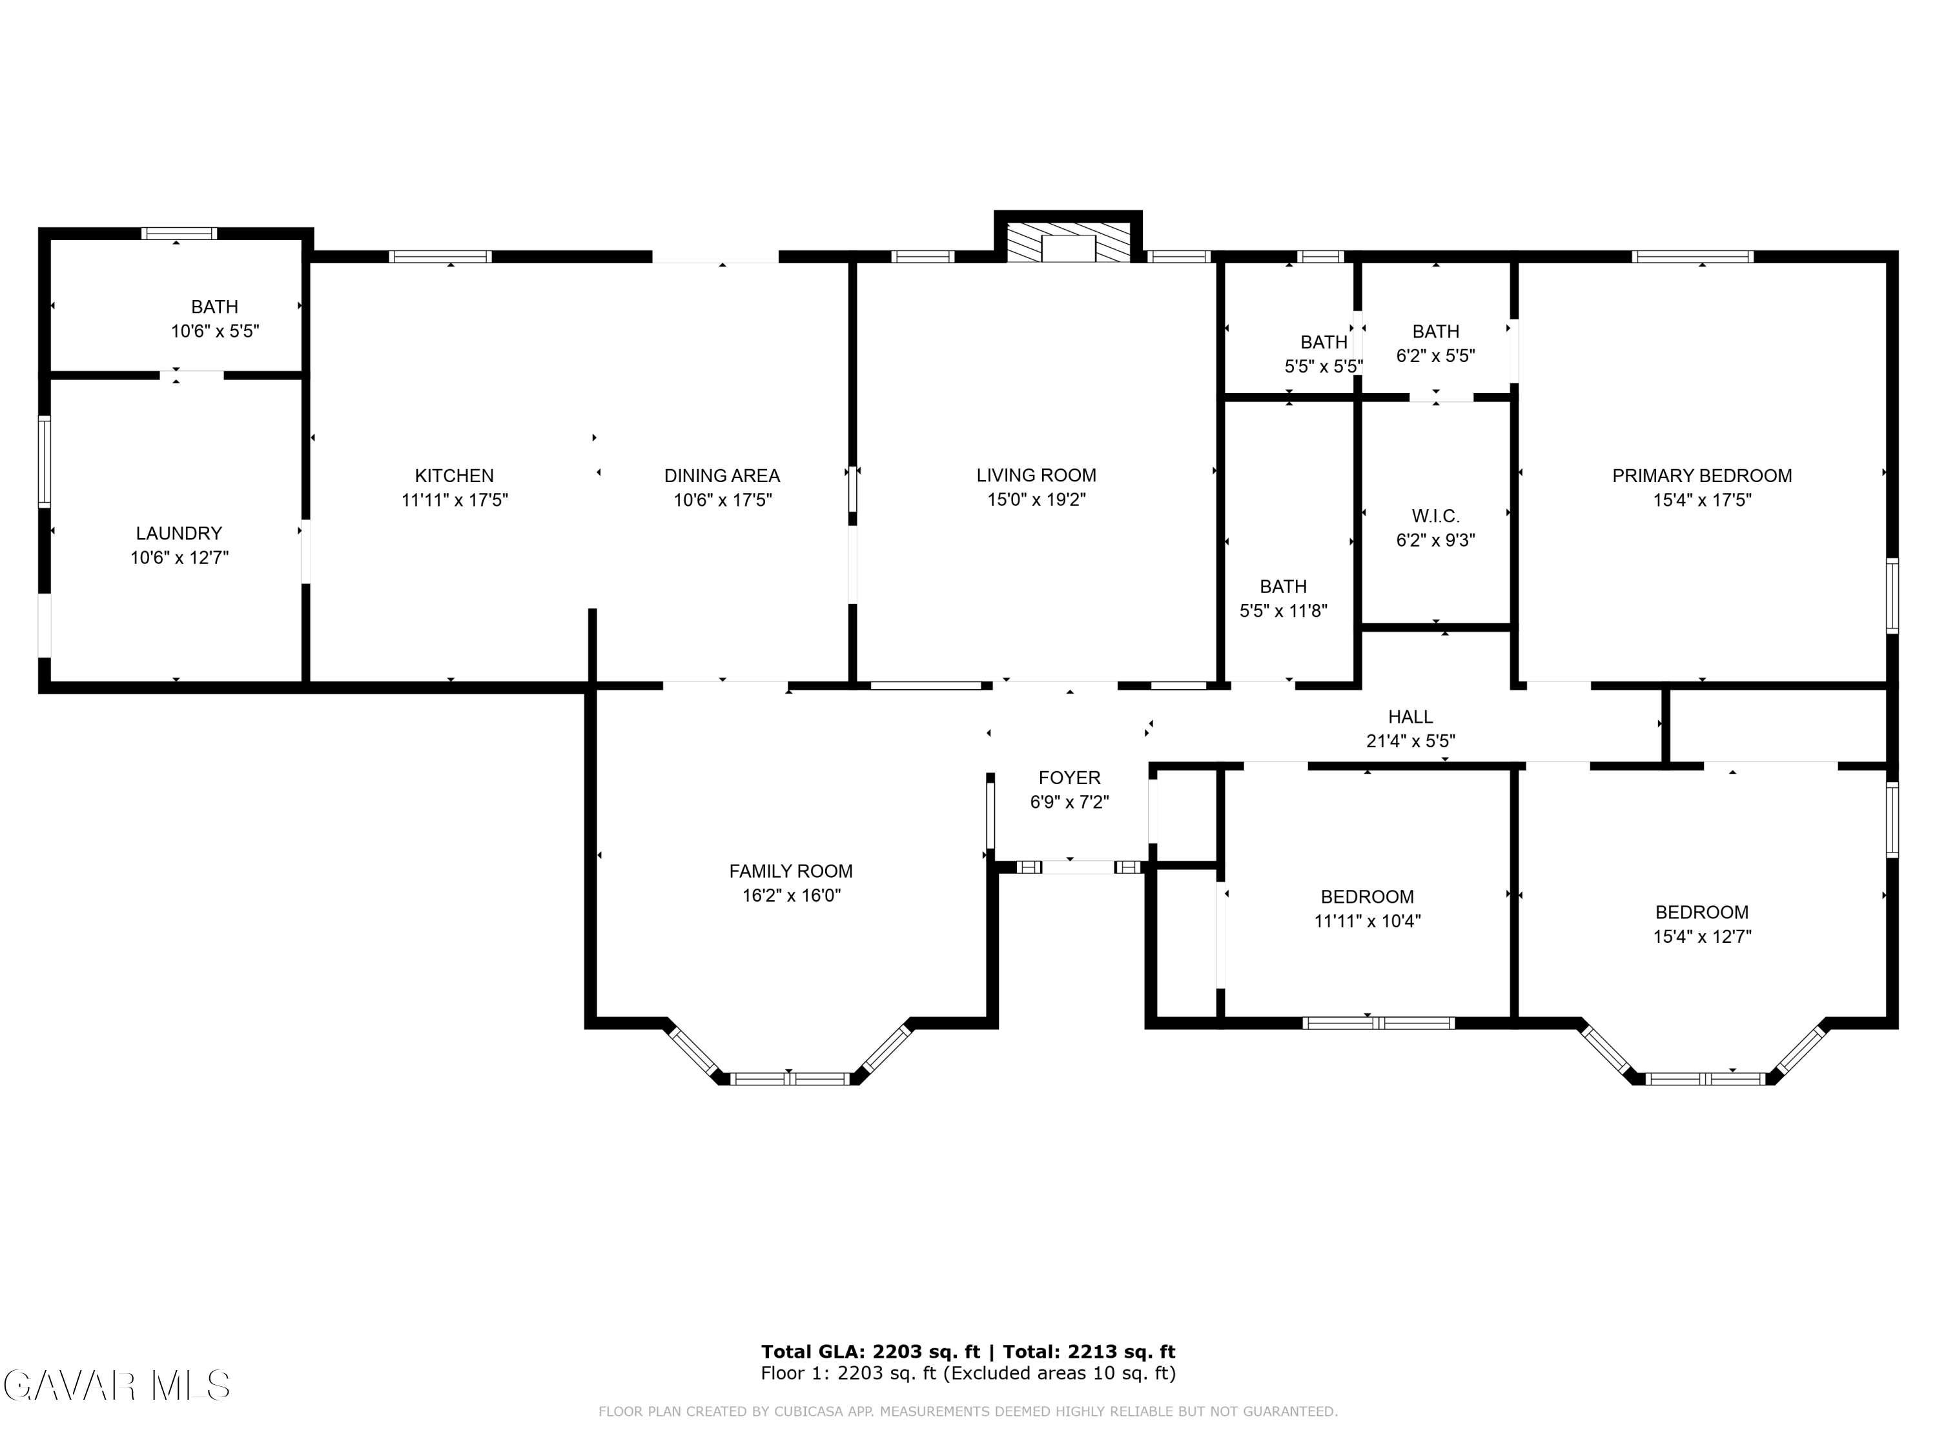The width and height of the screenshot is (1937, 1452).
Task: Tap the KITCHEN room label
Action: click(x=455, y=475)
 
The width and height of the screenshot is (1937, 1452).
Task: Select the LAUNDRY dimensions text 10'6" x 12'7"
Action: click(x=179, y=558)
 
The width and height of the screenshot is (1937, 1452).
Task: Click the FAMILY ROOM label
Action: click(x=791, y=871)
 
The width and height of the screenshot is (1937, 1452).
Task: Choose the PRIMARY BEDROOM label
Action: click(x=1701, y=475)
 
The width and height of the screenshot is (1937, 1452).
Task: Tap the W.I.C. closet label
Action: click(x=1435, y=516)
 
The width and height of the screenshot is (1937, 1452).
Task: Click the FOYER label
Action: click(x=1069, y=777)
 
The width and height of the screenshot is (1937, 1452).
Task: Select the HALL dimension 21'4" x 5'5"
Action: click(x=1410, y=740)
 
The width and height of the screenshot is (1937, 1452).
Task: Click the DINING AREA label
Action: click(x=722, y=475)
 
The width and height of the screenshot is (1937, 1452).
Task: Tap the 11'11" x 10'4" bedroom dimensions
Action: click(x=1367, y=921)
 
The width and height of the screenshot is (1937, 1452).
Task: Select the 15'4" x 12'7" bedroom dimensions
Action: click(x=1701, y=936)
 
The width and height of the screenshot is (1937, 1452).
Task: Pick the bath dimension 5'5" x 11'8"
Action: click(x=1283, y=611)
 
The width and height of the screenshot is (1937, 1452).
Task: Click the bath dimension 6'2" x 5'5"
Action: click(x=1435, y=356)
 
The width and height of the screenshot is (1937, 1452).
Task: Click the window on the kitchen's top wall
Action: click(x=440, y=256)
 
